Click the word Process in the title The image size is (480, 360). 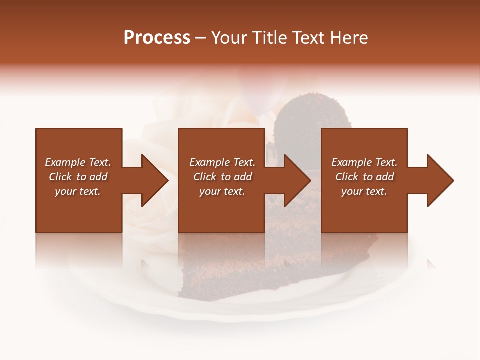[157, 38]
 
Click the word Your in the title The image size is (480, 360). [230, 38]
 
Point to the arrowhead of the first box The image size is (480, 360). [155, 180]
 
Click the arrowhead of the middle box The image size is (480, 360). [297, 180]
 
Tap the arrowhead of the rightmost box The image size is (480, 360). [440, 180]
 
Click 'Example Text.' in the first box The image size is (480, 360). [78, 162]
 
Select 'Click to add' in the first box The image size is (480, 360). [78, 177]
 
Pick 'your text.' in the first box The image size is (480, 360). [78, 191]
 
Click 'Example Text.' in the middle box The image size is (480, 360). [222, 162]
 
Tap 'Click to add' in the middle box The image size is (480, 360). [222, 177]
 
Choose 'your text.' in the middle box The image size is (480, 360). [222, 191]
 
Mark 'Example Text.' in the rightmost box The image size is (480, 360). [364, 162]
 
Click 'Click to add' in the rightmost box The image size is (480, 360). [364, 177]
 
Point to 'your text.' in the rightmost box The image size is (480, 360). [364, 191]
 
